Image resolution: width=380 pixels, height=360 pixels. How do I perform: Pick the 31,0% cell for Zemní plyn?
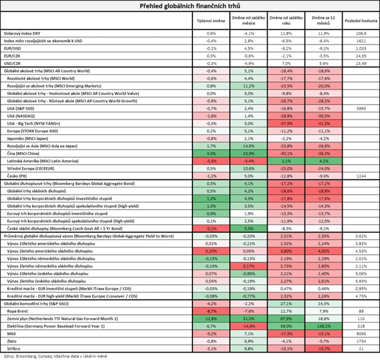tap(249, 318)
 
